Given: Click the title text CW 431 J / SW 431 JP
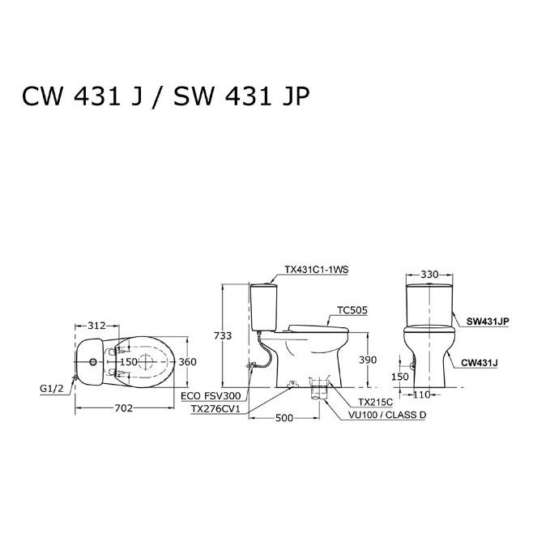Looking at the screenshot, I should coord(165,97).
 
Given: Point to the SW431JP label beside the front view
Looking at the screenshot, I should coord(488,321).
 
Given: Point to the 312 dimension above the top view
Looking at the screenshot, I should coord(96,325).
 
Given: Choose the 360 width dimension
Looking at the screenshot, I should coord(188,362).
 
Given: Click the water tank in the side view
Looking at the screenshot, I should coord(263,305).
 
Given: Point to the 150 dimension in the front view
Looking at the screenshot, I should coord(400,377).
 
